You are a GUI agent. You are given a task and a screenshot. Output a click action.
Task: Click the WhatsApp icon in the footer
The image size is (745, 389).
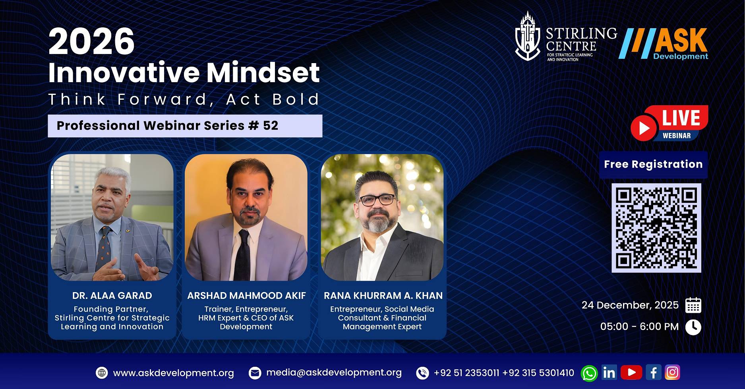coord(589,373)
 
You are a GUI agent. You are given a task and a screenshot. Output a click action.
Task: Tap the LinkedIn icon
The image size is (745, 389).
coord(609,372)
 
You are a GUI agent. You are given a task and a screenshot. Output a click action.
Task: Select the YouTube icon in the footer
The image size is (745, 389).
coord(631,372)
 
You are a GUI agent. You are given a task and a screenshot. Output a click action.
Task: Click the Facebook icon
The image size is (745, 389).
coord(653,372)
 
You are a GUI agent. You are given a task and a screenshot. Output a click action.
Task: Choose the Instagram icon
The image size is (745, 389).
coord(672,372)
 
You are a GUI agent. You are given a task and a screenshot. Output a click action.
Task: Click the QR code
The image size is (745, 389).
coord(656,228)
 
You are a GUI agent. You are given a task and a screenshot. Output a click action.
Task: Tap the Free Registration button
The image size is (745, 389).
coord(653,164)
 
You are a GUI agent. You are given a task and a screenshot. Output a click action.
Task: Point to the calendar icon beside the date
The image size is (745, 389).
coord(693,305)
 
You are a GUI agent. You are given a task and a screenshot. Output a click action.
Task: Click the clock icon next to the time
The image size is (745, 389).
coord(693,327)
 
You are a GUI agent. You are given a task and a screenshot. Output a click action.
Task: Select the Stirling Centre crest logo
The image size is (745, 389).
coord(527,37)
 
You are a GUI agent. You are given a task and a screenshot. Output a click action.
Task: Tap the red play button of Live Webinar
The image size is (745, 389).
coord(644,128)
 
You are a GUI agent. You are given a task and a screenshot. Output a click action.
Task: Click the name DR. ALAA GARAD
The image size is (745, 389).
coord(112,296)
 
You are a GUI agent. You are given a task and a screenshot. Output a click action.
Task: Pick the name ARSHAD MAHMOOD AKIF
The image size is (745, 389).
coord(246,296)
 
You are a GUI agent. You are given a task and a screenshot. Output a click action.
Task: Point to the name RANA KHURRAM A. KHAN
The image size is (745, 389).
coord(383,296)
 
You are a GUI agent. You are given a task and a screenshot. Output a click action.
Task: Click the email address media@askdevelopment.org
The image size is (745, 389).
coord(334,373)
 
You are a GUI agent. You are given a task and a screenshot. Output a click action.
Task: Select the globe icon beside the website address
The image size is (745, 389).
coord(102,373)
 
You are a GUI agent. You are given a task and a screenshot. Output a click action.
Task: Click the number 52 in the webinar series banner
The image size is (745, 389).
coord(271,126)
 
